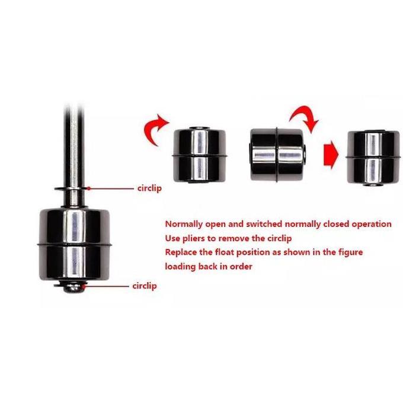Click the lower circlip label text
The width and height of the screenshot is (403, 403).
[145, 286]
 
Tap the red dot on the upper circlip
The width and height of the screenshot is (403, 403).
[88, 188]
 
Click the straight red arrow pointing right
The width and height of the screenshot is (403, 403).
[330, 156]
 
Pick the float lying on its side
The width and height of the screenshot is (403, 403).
[277, 154]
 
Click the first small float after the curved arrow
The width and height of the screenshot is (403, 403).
[200, 153]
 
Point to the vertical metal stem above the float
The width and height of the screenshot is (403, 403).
[72, 142]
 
